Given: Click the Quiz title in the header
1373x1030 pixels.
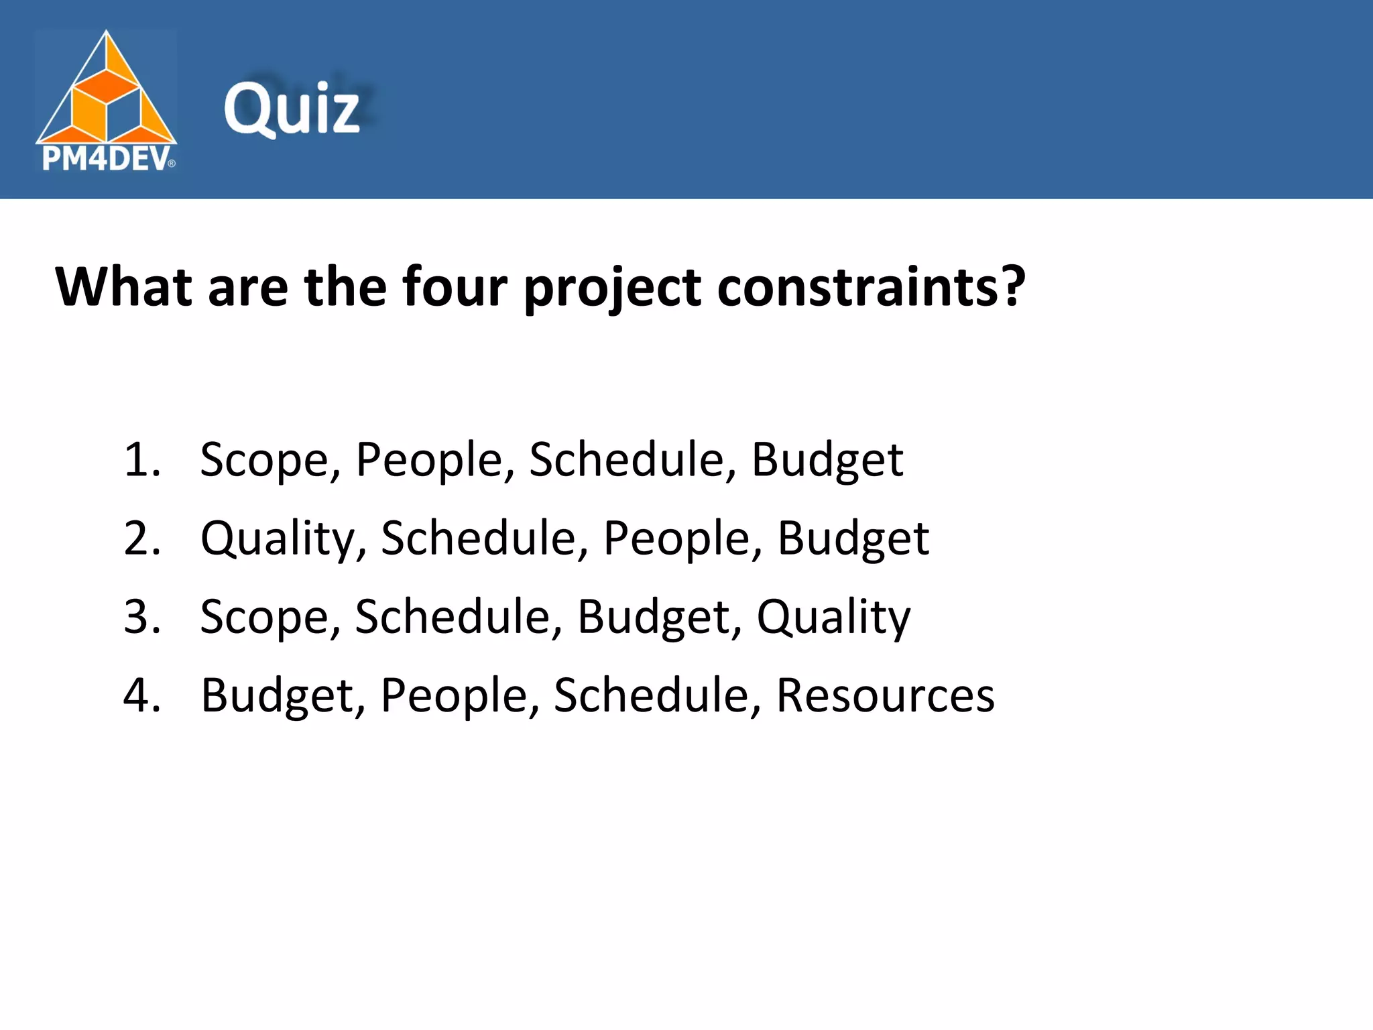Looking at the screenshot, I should click(x=292, y=109).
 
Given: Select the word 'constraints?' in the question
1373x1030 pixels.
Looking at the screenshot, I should click(x=871, y=287).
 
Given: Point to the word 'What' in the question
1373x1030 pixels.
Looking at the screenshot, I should click(x=124, y=287).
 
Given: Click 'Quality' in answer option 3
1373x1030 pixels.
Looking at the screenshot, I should click(x=833, y=618).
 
